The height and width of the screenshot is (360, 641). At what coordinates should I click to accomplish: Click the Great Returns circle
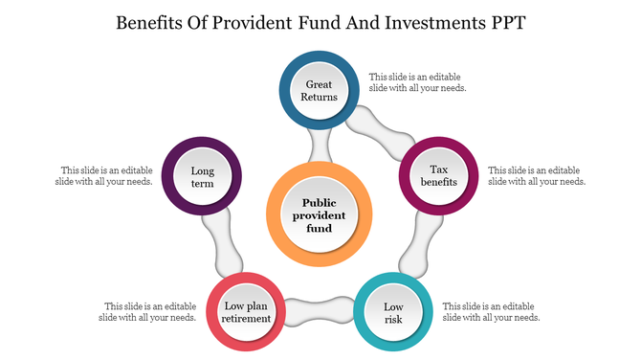(319, 91)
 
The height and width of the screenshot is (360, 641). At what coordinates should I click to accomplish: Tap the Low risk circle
(393, 312)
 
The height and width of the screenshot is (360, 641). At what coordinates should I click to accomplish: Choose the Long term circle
(201, 176)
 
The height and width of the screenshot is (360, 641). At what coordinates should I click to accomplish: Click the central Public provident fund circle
(319, 215)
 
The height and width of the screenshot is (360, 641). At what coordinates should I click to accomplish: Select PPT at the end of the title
(503, 22)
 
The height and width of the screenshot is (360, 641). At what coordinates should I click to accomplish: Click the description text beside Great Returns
(418, 81)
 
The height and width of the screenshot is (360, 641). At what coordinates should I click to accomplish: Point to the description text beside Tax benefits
(537, 175)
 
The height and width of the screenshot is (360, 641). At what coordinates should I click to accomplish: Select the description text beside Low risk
(492, 311)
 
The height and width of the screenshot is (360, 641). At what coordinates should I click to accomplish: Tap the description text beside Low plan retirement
(150, 311)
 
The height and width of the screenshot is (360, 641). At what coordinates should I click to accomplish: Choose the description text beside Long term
(105, 175)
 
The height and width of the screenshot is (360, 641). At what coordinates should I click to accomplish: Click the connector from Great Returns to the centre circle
(320, 146)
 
